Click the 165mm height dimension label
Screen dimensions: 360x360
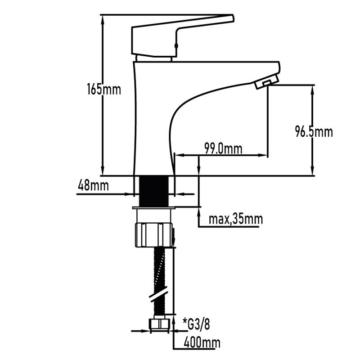pos(104,89)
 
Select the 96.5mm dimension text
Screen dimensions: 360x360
pos(314,132)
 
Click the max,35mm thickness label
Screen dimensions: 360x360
pos(236,220)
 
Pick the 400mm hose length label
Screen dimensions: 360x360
pos(202,343)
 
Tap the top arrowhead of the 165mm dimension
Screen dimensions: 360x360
pos(103,18)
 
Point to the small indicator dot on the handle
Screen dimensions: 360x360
pos(176,45)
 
